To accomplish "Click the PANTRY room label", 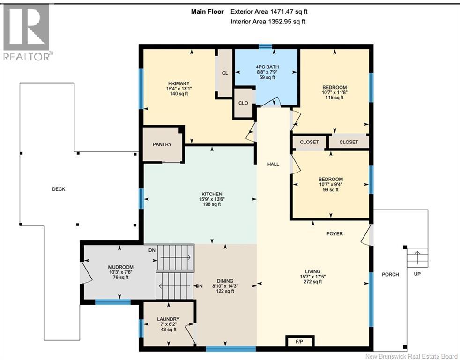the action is (x=162, y=144).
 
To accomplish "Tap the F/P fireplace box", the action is (x=299, y=342).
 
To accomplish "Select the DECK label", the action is (x=59, y=189).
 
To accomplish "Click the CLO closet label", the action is (x=243, y=103).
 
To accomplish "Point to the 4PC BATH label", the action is (x=267, y=67).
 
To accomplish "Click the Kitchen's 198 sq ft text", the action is (x=212, y=204).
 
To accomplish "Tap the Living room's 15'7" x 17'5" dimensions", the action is (x=313, y=276).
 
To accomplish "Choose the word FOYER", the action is (x=335, y=234).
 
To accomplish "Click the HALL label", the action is (x=273, y=165).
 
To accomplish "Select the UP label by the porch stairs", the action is (x=417, y=274).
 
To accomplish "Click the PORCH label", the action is (x=390, y=275).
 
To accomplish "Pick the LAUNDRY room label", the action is (x=168, y=319).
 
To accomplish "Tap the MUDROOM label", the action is (x=120, y=267).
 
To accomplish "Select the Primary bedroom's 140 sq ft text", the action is (x=179, y=94).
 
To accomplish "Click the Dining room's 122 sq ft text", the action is (x=225, y=291).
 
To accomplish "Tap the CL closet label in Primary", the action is (x=225, y=73).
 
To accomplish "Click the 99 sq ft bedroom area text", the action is (x=331, y=190).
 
